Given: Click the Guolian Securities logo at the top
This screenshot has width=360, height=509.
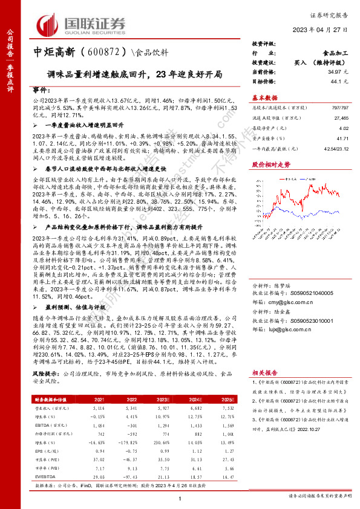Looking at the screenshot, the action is pyautogui.click(x=82, y=24).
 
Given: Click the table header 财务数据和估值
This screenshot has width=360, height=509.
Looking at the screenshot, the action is pyautogui.click(x=48, y=399).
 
